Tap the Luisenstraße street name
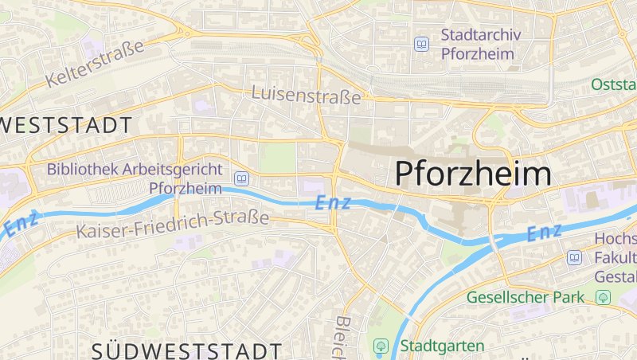click(x=306, y=95)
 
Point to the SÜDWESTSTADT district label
click(x=186, y=350)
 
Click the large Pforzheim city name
click(x=473, y=174)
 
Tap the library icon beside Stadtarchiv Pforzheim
click(x=421, y=45)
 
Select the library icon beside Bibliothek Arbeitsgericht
click(x=241, y=178)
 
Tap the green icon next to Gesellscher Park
click(x=603, y=297)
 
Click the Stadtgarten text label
click(x=442, y=346)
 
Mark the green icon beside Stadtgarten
click(x=381, y=346)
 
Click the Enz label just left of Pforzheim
click(x=333, y=203)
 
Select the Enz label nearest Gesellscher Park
click(x=545, y=233)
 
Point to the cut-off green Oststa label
click(x=614, y=84)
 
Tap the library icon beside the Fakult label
click(x=575, y=257)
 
